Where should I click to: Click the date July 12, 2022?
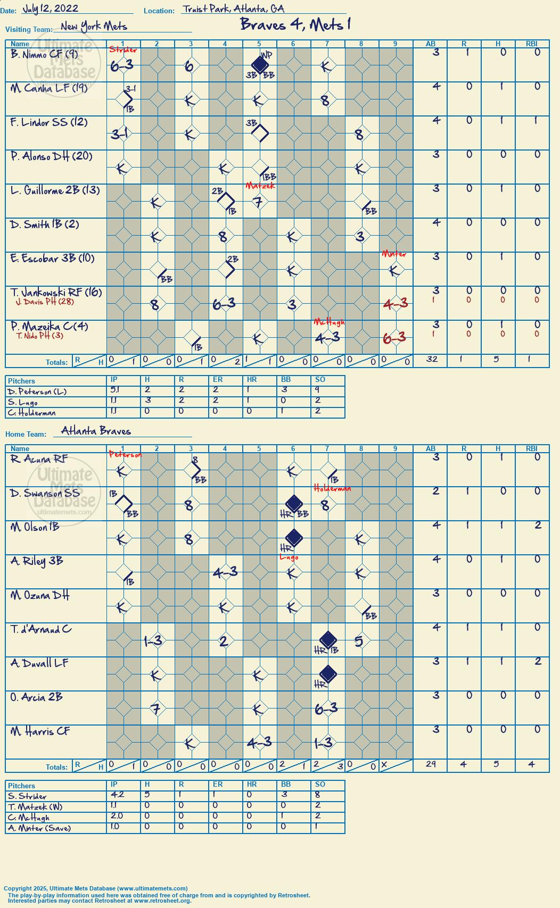tap(51, 9)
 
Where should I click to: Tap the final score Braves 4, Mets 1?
tap(295, 24)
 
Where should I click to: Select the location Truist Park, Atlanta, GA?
tap(233, 9)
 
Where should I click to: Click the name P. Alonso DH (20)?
tap(52, 156)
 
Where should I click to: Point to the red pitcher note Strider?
tap(123, 49)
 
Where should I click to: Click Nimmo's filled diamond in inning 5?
tap(259, 64)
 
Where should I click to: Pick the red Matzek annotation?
tap(260, 186)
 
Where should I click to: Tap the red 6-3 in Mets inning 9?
tap(394, 337)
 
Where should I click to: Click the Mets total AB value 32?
tap(432, 359)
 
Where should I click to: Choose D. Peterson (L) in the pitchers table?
tap(37, 391)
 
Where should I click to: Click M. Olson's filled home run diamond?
tap(294, 537)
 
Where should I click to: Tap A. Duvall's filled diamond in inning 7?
tap(328, 674)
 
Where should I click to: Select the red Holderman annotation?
tap(332, 488)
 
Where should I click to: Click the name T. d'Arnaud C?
tap(41, 629)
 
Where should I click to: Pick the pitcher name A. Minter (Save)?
tap(39, 828)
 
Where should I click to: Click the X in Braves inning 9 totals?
tap(384, 764)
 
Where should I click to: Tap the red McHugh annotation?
tap(329, 322)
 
